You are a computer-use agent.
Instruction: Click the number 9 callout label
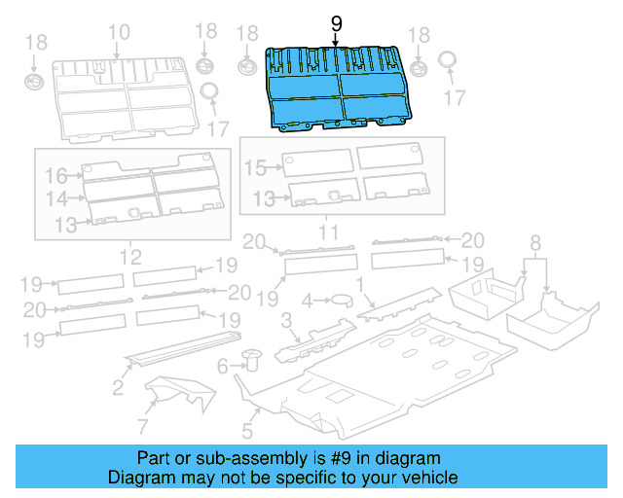pos(337,21)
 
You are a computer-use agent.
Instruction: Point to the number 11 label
pos(328,231)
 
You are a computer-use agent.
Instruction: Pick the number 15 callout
pos(254,168)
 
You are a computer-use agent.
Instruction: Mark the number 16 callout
pos(55,175)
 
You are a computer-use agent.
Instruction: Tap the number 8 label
pos(533,241)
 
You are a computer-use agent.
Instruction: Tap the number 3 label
pos(286,320)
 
